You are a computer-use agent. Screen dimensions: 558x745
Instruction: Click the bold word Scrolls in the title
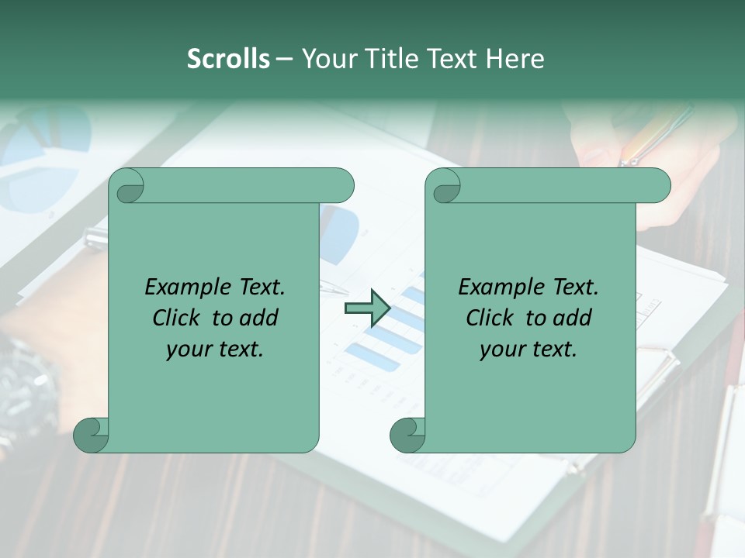click(x=228, y=59)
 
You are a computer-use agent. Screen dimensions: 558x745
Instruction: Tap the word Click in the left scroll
click(x=178, y=318)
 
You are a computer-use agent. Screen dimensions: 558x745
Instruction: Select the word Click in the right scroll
click(x=490, y=318)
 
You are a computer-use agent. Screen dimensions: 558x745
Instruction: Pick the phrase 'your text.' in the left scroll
click(x=215, y=350)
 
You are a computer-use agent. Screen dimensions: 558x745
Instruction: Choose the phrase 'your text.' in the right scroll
click(x=528, y=350)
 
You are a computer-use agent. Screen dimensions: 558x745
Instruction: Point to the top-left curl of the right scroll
click(x=445, y=186)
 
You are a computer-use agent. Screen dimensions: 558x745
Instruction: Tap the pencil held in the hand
click(x=655, y=136)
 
